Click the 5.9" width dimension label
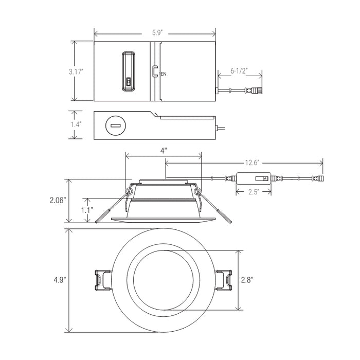[x=157, y=33]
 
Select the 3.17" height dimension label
[x=76, y=72]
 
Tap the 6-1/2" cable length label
[x=239, y=71]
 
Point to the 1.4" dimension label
[x=76, y=124]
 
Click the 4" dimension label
[x=164, y=151]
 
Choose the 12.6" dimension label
[x=252, y=163]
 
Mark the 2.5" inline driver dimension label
[x=254, y=192]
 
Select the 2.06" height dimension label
[x=58, y=201]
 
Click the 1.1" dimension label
[x=87, y=210]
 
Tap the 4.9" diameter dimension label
[x=60, y=280]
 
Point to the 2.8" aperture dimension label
[x=247, y=280]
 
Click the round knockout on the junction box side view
[x=116, y=126]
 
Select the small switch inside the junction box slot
[x=129, y=82]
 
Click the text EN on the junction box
[x=163, y=74]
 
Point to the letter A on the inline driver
[x=266, y=178]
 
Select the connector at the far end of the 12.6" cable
[x=318, y=178]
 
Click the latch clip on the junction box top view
[x=154, y=71]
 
